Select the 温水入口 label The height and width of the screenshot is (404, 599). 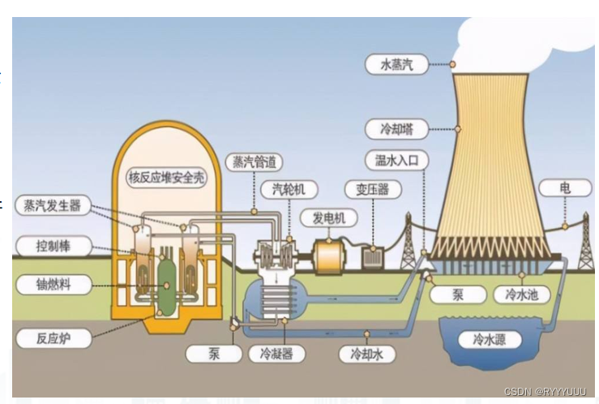coord(396,160)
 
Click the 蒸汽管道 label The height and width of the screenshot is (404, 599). coord(253,161)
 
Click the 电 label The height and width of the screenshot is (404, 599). coord(565,189)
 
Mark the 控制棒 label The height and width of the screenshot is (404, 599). coord(48,244)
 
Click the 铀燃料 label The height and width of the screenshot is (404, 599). coord(48,284)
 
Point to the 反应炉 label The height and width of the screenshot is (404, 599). coord(48,336)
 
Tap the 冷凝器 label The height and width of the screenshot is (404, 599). coord(276,354)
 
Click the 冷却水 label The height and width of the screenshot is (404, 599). coord(366,354)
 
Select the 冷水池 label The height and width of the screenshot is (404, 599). coord(521,294)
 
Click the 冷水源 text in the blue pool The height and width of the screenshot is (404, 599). coord(494,340)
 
